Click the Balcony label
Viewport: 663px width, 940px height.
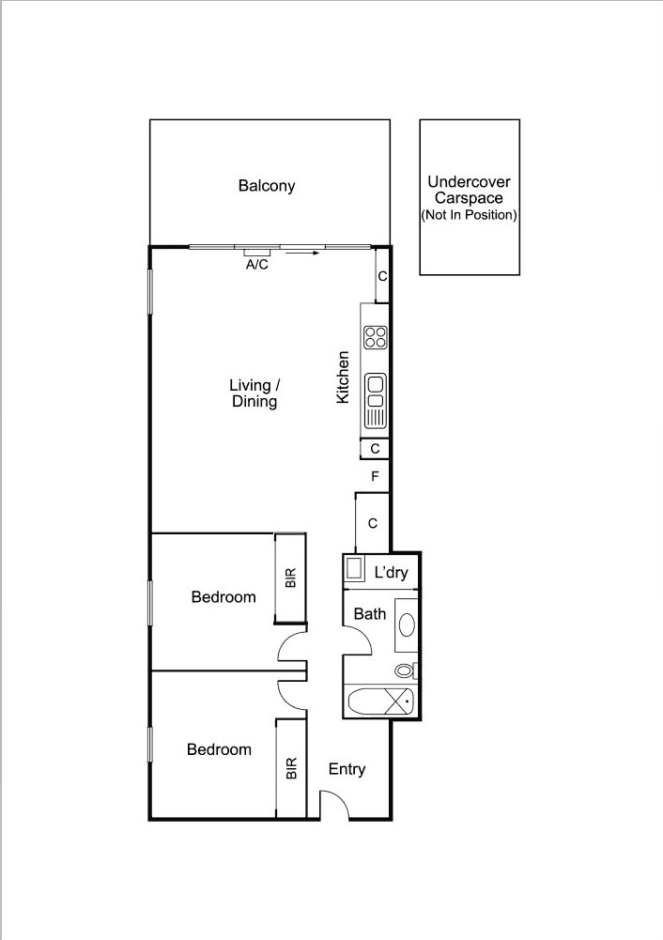tap(267, 186)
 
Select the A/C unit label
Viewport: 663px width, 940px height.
tap(257, 265)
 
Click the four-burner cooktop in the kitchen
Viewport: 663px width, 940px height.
tap(376, 336)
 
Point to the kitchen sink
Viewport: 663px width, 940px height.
tap(376, 400)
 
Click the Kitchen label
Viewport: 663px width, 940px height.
tap(344, 378)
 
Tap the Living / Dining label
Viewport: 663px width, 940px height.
tap(254, 393)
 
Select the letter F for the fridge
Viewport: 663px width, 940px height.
tap(375, 477)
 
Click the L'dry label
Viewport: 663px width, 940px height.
tap(391, 573)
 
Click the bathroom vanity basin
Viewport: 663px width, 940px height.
tap(407, 624)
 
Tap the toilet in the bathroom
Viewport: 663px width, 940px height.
tap(406, 670)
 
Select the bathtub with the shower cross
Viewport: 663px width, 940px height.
tap(380, 701)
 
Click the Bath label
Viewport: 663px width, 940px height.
tap(369, 614)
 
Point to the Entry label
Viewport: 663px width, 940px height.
tap(347, 769)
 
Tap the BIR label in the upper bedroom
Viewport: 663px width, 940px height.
tap(291, 578)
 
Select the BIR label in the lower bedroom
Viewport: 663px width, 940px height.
tap(291, 769)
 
